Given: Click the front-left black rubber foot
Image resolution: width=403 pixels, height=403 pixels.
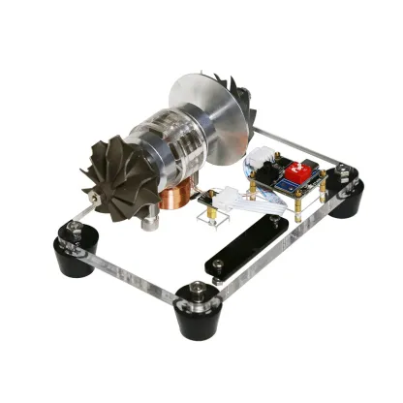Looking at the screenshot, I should click(x=74, y=258).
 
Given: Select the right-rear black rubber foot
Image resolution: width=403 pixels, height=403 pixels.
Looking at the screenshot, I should click(x=344, y=200).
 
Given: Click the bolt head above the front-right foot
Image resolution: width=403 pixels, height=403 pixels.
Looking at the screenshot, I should click(x=197, y=289).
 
